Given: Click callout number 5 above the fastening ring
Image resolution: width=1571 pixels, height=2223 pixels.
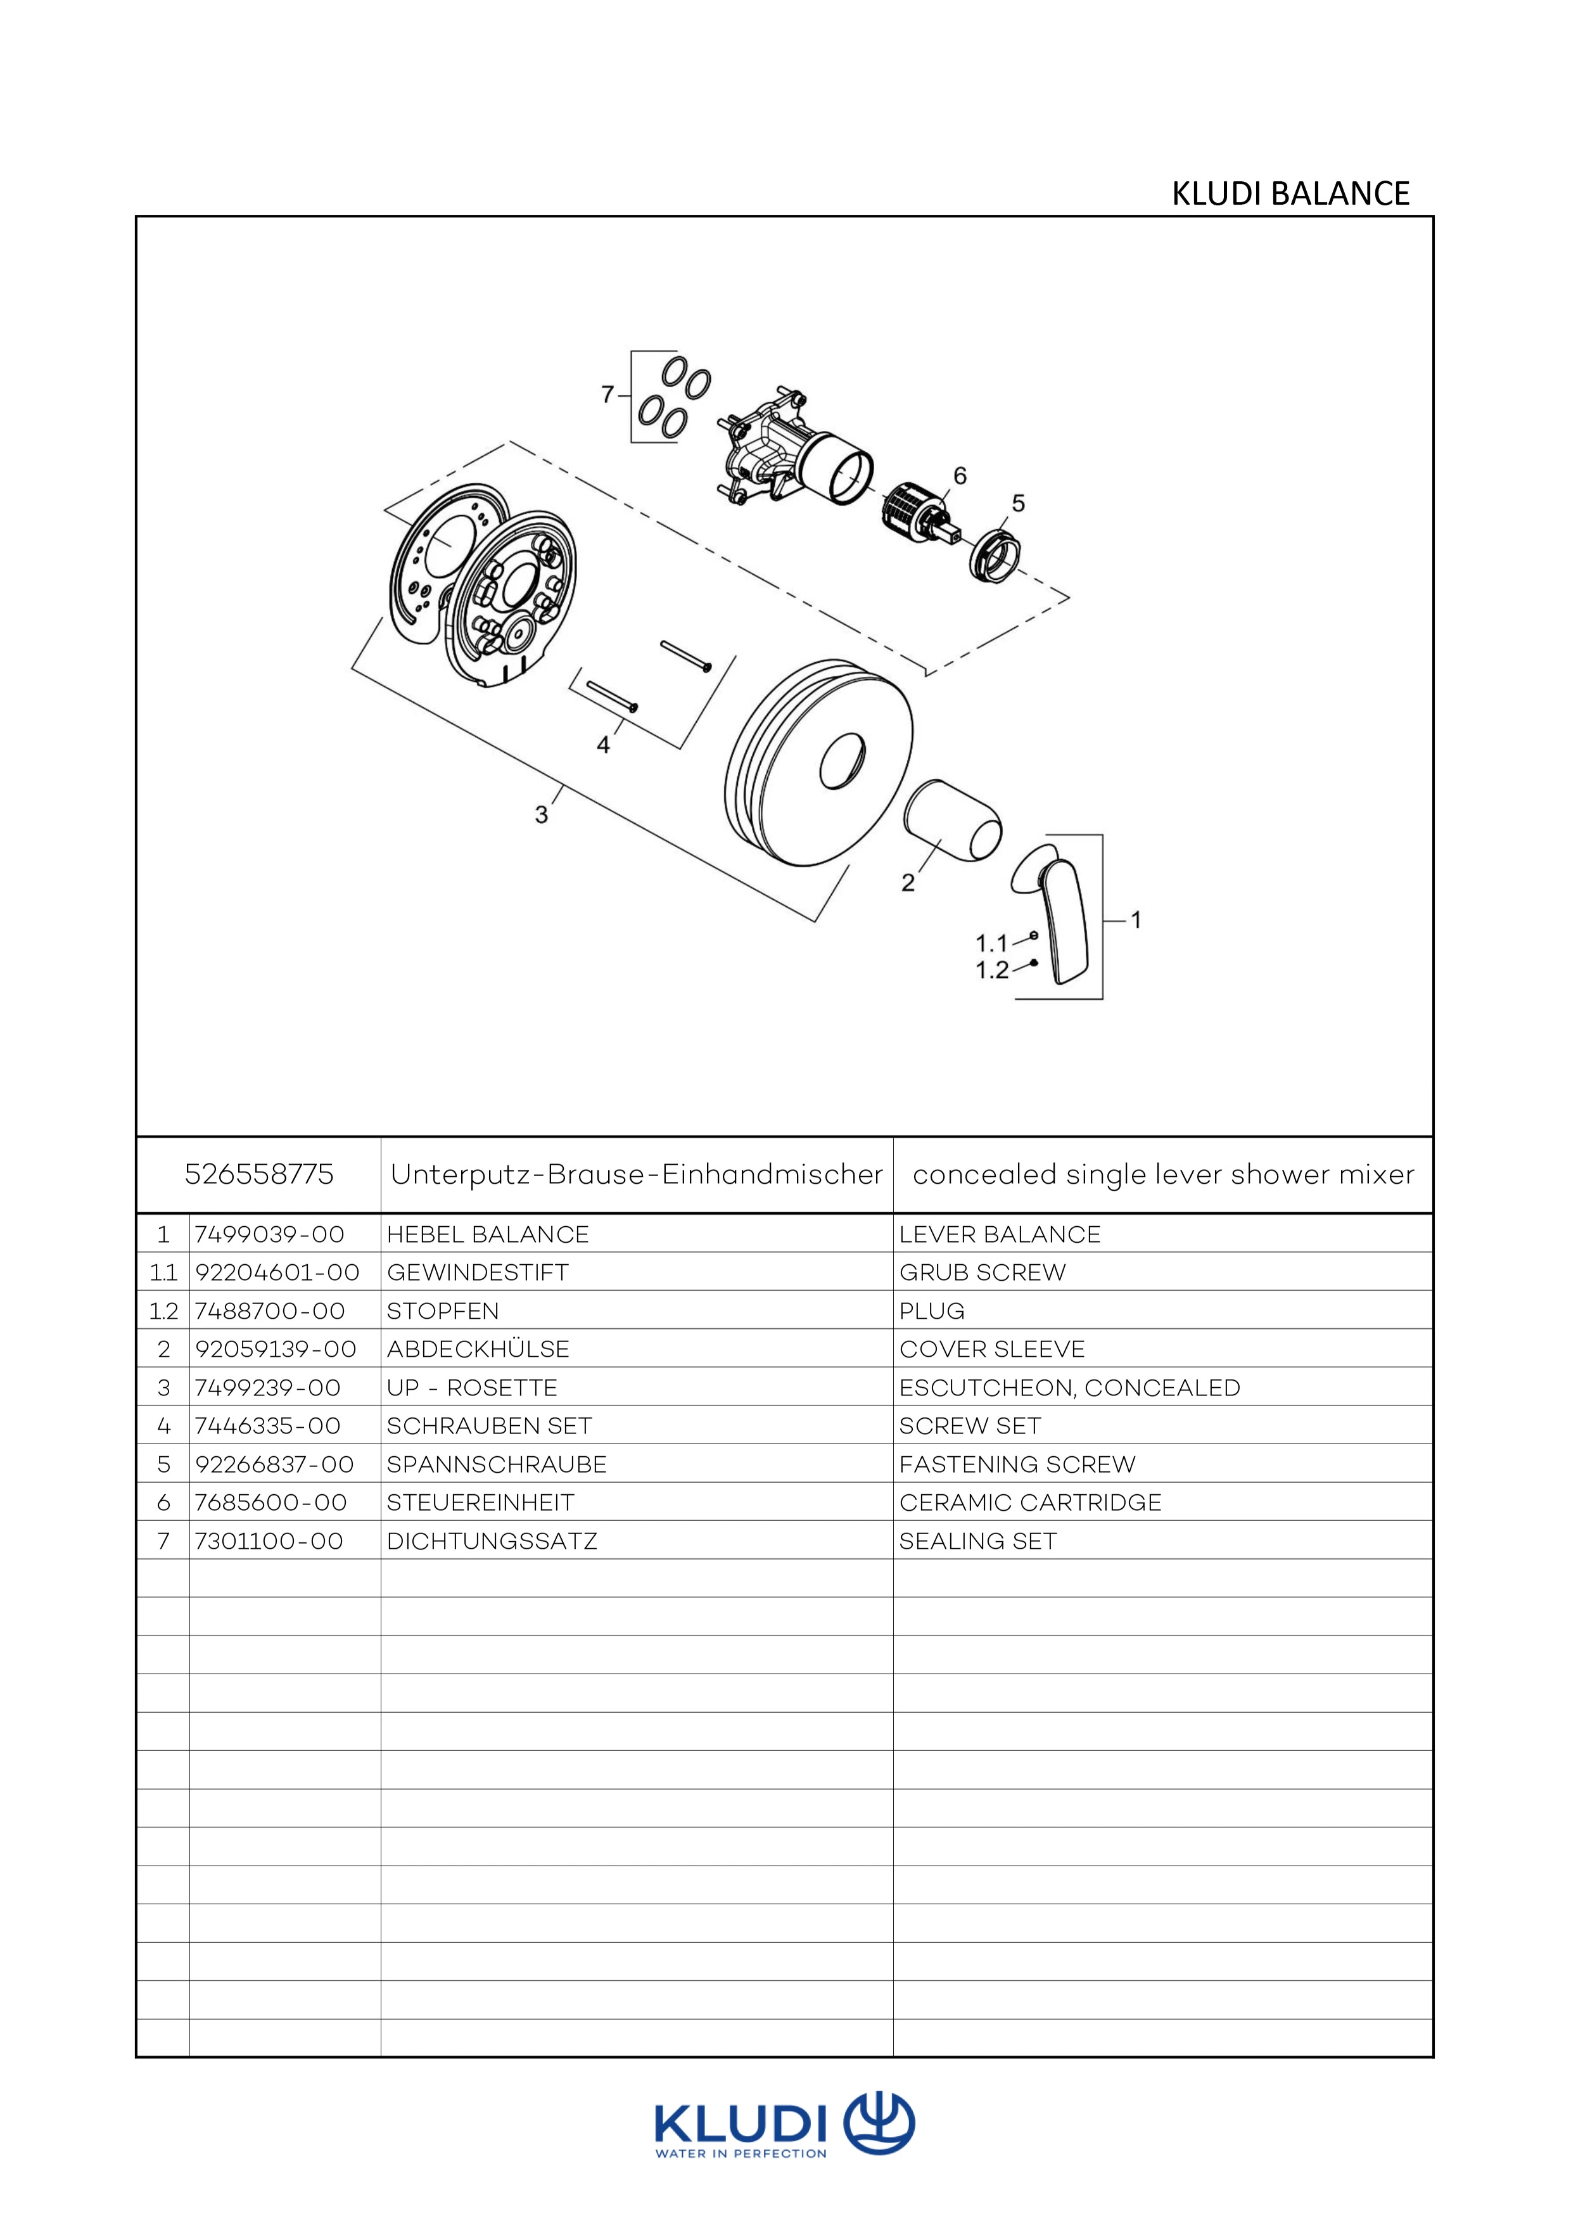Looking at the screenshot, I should click(x=1017, y=503).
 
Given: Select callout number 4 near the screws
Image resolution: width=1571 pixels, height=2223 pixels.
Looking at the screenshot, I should click(x=603, y=745).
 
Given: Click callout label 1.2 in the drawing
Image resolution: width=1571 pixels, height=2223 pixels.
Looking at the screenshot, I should click(x=992, y=970).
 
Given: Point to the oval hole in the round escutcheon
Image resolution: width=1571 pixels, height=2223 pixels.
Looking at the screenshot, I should click(x=841, y=761).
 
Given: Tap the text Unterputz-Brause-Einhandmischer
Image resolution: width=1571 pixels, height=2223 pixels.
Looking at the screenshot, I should click(x=636, y=1174).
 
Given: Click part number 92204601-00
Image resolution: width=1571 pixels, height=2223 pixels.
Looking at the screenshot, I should click(x=277, y=1272).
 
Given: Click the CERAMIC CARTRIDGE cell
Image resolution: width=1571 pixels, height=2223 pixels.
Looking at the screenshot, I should click(x=1030, y=1502).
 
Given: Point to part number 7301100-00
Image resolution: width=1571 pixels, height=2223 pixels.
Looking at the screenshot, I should click(x=269, y=1541).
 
